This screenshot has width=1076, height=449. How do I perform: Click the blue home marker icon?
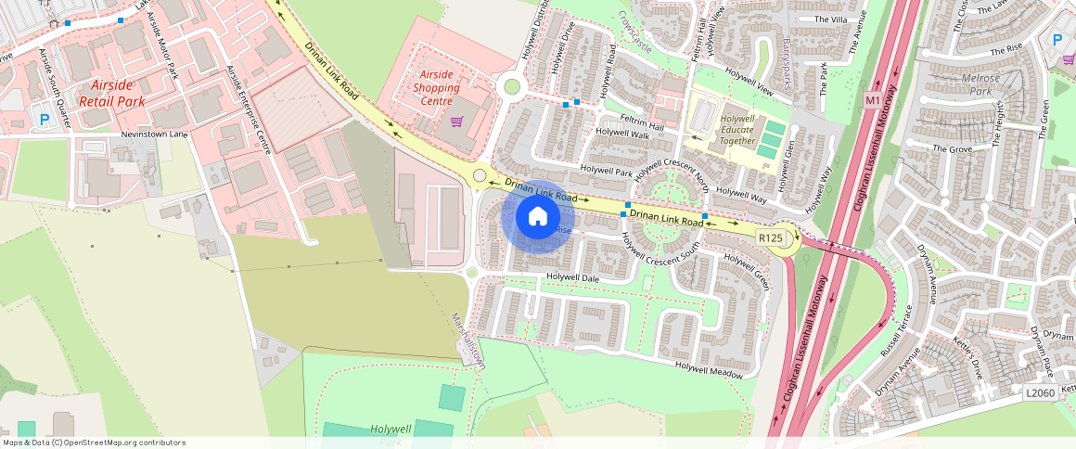click(x=537, y=217)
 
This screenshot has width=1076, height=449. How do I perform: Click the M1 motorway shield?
click(x=871, y=99)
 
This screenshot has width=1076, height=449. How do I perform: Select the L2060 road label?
click(x=1040, y=393)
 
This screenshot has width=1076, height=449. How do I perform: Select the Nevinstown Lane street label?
click(x=154, y=135)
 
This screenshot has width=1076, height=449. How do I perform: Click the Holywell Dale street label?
click(x=573, y=276)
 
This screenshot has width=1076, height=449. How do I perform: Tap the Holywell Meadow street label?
click(x=709, y=369)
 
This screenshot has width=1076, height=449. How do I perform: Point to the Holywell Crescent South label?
click(x=660, y=248)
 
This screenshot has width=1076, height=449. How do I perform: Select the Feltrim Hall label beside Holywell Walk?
click(x=644, y=125)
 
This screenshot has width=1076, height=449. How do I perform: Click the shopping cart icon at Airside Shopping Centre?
click(x=456, y=122)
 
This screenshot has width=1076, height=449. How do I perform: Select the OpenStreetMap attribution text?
click(x=94, y=443)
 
